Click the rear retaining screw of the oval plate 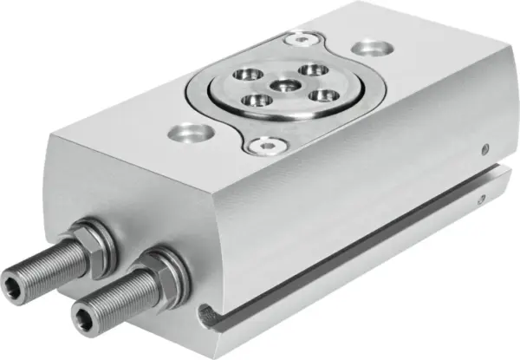point(299,38)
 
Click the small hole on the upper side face point(487,147)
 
